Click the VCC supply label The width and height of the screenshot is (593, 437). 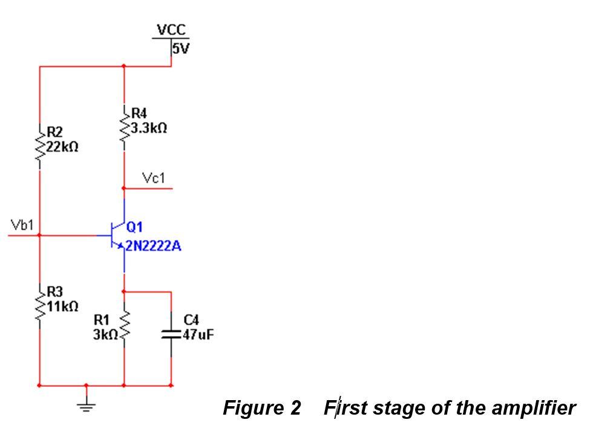tap(171, 30)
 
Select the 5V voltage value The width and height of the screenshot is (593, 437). tap(180, 49)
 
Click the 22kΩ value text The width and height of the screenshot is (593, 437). tap(62, 147)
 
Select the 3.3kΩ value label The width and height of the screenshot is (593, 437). tap(149, 129)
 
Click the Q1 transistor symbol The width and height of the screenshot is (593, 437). tap(117, 235)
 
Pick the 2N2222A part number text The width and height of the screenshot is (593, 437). tap(153, 247)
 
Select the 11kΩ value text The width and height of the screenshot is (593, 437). tap(62, 306)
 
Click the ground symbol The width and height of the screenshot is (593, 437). tap(87, 406)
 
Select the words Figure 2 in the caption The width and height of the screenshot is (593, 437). tap(262, 409)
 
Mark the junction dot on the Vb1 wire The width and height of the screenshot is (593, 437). tap(40, 235)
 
